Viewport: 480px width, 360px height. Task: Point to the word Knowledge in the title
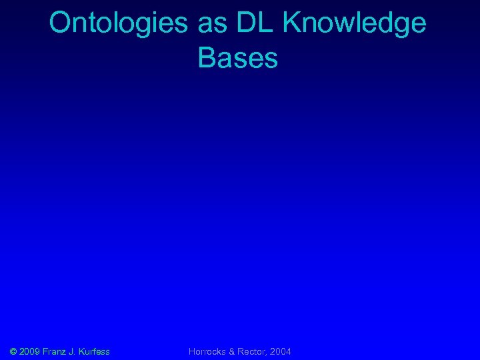click(x=355, y=24)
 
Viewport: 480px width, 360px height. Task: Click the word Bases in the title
click(x=238, y=58)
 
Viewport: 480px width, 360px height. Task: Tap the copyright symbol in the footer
click(x=14, y=351)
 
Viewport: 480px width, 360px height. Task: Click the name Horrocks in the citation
click(x=208, y=351)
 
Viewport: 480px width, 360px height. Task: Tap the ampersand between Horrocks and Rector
click(x=231, y=351)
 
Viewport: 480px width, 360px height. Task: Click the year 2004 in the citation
click(x=280, y=351)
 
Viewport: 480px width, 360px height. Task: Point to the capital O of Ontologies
click(x=59, y=23)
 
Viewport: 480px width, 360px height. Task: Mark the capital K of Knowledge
click(x=291, y=23)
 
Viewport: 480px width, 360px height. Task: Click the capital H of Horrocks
click(x=192, y=351)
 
